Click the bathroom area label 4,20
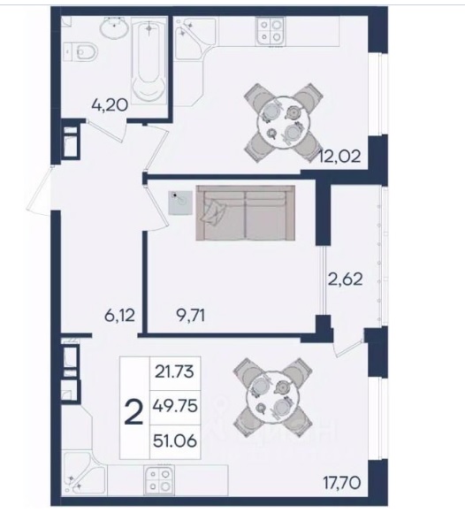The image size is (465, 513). [x=110, y=105]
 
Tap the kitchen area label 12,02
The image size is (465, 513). [x=340, y=156]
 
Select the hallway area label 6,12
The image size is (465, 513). [x=119, y=316]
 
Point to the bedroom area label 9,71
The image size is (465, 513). [x=190, y=316]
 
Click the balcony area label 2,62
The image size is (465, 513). [x=346, y=279]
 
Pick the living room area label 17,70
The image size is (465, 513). [x=342, y=483]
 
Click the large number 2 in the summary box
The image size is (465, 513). [x=134, y=412]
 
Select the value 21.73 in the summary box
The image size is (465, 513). [x=175, y=372]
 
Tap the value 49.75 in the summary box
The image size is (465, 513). [x=175, y=407]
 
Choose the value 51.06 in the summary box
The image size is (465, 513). [x=175, y=440]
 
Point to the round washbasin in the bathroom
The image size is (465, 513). [x=114, y=27]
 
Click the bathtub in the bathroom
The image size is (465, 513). [x=149, y=60]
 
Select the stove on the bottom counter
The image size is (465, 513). [x=159, y=479]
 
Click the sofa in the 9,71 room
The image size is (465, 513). [x=245, y=213]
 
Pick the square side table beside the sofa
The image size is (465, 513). [x=180, y=203]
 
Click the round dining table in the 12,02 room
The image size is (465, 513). [x=283, y=122]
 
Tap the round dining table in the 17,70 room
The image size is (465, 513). [x=273, y=397]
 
